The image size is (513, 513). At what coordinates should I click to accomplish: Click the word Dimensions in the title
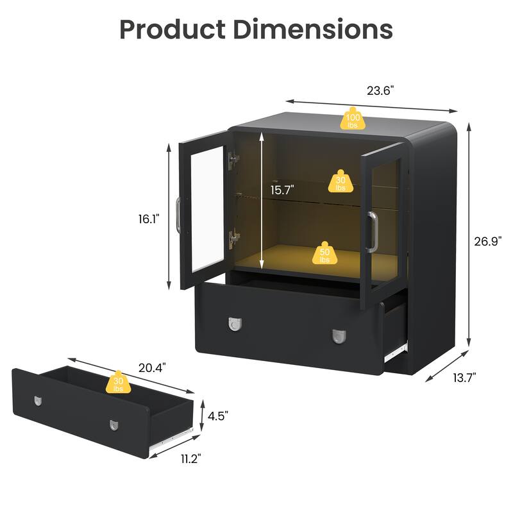click(x=313, y=29)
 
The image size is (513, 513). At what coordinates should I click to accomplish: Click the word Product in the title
click(x=172, y=29)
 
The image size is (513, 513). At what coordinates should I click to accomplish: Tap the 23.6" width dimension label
click(x=380, y=90)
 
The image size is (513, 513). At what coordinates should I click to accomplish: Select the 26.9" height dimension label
click(x=488, y=241)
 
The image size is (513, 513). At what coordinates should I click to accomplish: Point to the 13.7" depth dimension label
click(x=464, y=378)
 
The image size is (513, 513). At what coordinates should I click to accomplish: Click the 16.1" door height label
click(x=149, y=219)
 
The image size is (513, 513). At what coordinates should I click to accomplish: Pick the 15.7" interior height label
click(x=282, y=190)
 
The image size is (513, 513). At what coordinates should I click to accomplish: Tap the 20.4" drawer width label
click(x=152, y=367)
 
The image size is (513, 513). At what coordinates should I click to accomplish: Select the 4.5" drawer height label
click(x=218, y=416)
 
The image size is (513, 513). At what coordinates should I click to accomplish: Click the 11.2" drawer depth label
click(x=190, y=458)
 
